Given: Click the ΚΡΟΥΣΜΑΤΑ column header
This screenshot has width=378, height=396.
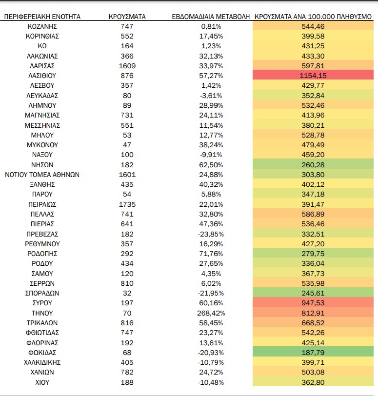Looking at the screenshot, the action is tap(127, 17).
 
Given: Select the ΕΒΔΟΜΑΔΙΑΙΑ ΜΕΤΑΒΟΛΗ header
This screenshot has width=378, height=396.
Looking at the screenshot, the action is tap(211, 17).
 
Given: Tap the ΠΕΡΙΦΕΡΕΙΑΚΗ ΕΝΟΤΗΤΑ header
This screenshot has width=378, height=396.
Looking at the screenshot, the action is tap(42, 17).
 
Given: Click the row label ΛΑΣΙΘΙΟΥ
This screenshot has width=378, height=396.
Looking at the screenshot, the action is tap(42, 76).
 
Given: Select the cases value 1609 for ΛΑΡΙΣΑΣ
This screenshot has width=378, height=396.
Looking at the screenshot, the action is tap(127, 66).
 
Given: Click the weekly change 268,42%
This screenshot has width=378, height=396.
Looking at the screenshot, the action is tap(211, 313).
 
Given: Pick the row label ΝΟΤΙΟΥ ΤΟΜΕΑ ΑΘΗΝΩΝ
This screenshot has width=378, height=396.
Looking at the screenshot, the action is tap(42, 175).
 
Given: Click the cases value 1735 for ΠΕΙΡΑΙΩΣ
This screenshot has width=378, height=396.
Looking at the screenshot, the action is tap(127, 204).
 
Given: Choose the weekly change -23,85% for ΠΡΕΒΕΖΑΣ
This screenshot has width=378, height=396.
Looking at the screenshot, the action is tap(211, 234).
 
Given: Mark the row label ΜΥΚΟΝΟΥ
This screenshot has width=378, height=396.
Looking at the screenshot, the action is tap(42, 145).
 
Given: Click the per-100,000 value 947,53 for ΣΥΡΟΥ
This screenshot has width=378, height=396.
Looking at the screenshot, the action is tap(313, 303).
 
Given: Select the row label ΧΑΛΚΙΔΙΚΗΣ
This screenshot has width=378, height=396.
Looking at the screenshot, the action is tap(42, 362).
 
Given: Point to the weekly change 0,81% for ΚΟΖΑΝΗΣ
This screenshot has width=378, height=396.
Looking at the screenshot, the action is tap(211, 26).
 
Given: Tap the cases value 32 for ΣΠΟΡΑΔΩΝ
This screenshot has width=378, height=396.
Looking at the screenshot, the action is tap(127, 293).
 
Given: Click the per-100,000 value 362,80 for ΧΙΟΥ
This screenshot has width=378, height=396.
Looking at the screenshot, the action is tap(313, 382).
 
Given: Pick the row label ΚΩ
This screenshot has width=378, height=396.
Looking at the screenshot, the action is tap(42, 46).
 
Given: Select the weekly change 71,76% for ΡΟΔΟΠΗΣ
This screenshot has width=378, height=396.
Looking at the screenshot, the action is tap(211, 254).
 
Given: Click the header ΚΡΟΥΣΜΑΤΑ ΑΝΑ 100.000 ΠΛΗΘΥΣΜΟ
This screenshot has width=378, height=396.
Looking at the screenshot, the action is tap(313, 17).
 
